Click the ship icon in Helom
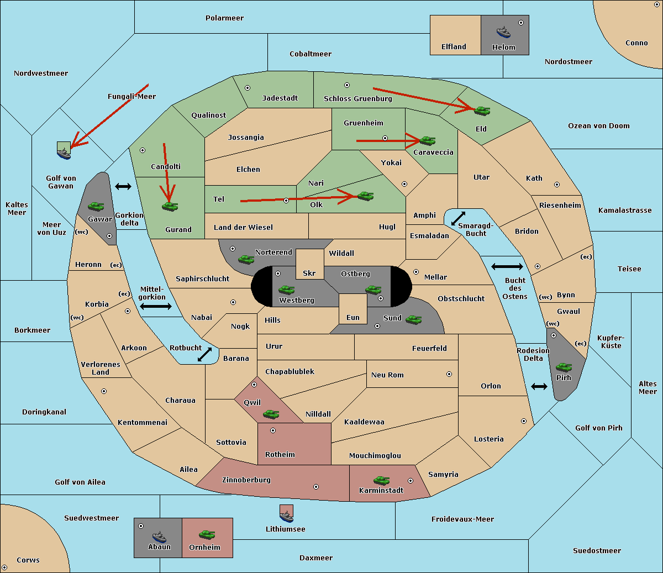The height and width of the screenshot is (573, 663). point(503,32)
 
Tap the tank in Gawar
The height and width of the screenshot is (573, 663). point(96,206)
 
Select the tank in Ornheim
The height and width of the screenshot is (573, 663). point(207,534)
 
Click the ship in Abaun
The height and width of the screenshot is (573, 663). point(160,537)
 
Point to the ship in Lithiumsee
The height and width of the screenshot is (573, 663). point(286,516)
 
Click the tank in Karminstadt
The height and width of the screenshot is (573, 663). point(381,480)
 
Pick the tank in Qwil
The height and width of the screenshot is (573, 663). point(271,414)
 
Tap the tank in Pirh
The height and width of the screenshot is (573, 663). point(564,367)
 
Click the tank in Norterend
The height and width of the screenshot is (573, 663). point(246,259)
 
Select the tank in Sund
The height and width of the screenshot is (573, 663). point(413,319)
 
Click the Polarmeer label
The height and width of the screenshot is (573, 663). point(224,18)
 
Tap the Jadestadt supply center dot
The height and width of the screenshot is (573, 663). point(248,88)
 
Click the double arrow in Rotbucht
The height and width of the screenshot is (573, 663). point(204,354)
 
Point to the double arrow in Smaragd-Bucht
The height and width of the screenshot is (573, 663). point(458,218)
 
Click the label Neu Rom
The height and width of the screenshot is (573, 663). point(387,375)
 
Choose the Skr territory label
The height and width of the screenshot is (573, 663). point(309,273)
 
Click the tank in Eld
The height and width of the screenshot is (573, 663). point(482,111)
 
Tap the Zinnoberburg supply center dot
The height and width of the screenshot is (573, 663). point(316,487)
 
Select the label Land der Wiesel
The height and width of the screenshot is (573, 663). point(243,228)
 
